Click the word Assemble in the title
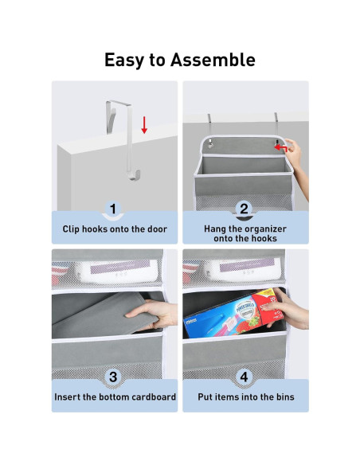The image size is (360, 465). tap(213, 60)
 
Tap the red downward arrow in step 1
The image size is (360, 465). tap(144, 125)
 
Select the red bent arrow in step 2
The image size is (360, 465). tap(280, 147)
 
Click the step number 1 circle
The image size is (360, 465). tap(113, 209)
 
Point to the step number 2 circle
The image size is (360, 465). tap(244, 209)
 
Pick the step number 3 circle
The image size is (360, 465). tap(113, 377)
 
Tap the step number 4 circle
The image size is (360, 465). tap(244, 377)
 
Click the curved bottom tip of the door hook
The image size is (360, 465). tap(135, 176)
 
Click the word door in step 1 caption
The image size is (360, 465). tap(156, 229)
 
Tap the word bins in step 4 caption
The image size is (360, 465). tap(285, 397)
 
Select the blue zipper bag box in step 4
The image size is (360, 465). tap(233, 315)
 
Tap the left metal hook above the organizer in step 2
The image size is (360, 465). tap(209, 131)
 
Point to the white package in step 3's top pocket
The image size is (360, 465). tap(117, 272)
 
